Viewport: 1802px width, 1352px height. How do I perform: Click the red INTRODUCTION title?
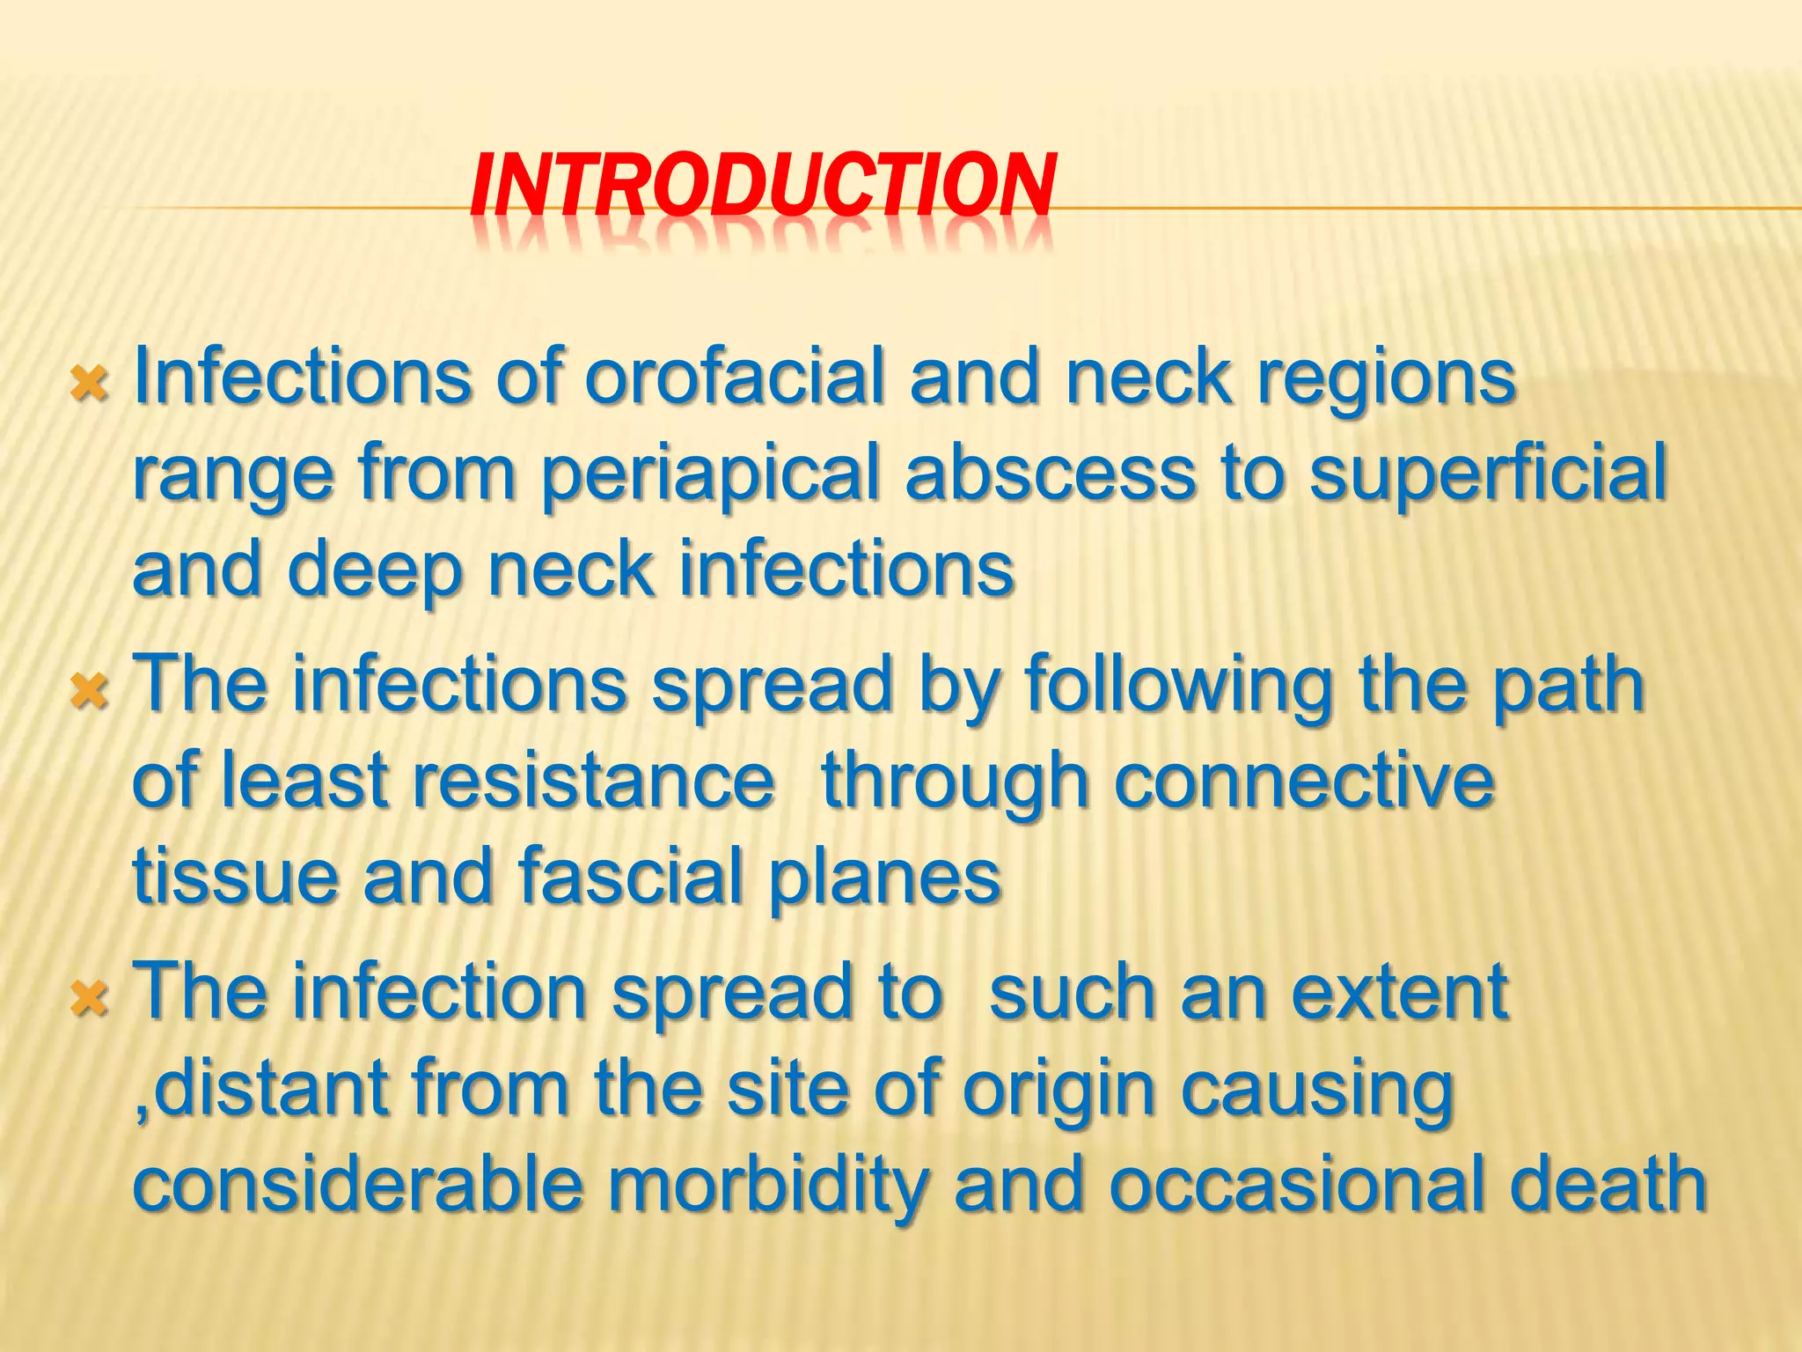coord(762,185)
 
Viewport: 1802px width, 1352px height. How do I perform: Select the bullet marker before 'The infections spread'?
coord(91,692)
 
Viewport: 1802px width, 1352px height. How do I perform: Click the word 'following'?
coord(1178,687)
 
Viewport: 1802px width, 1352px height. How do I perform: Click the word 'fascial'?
coord(632,877)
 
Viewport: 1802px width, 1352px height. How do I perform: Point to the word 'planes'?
coord(884,878)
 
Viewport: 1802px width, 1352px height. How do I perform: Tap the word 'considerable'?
coord(357,1185)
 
